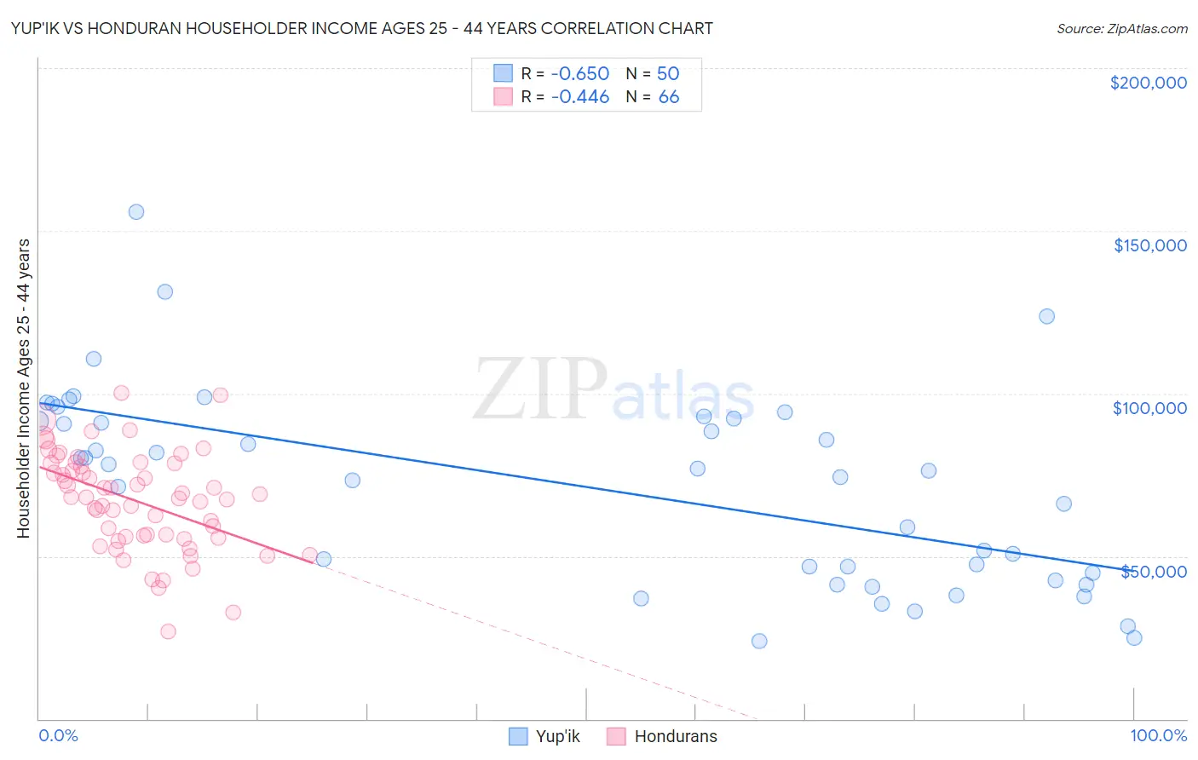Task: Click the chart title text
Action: pos(361,28)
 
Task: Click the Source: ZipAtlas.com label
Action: pos(1121,28)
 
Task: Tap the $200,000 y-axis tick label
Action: pos(1148,83)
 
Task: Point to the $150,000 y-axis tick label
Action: pos(1149,245)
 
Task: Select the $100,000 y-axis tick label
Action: pos(1149,408)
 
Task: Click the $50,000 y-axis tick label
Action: pos(1153,571)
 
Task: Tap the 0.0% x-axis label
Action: pos(58,735)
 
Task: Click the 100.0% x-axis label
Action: pos(1158,735)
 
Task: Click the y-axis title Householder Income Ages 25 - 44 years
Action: pos(23,389)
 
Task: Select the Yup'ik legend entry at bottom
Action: pos(544,736)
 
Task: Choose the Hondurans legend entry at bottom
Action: pos(662,736)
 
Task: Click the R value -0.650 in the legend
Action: pos(579,73)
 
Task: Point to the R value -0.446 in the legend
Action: pos(579,96)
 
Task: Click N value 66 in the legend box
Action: pos(669,96)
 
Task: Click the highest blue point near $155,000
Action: pos(136,212)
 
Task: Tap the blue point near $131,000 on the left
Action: pos(165,291)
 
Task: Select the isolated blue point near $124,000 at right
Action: pos(1046,316)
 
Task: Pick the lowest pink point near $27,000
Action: pos(168,631)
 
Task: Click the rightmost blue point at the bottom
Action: pos(1133,637)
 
